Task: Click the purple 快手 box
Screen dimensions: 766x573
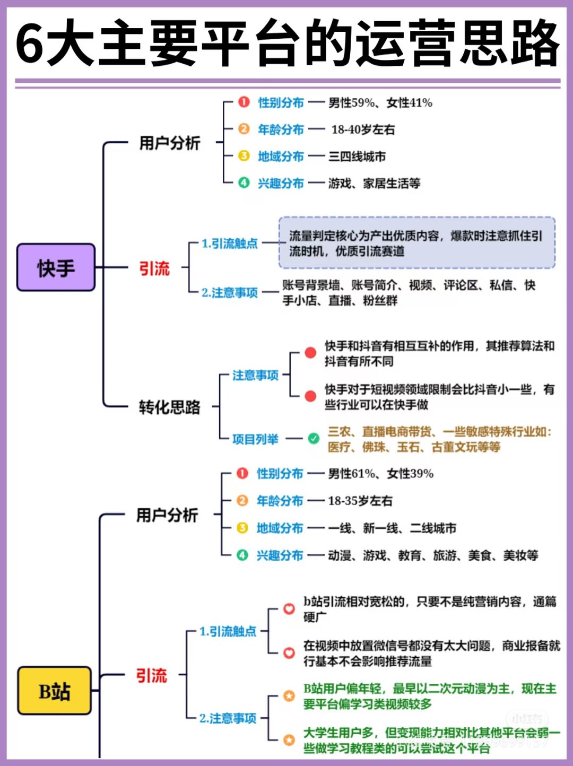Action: (x=56, y=267)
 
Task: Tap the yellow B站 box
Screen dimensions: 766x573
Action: (x=54, y=691)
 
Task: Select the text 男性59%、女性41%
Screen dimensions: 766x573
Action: (x=380, y=103)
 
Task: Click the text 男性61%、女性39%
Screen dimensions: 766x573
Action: (x=380, y=474)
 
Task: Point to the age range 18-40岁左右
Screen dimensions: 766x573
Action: (x=363, y=129)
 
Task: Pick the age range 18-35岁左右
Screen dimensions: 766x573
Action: (x=360, y=501)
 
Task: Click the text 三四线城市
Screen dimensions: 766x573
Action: (x=357, y=156)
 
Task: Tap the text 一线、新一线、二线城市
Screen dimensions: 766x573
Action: (x=392, y=528)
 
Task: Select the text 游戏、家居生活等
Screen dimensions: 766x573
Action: (x=374, y=184)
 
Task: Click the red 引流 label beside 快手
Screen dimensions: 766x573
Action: (x=154, y=268)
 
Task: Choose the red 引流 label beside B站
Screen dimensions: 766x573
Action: (x=152, y=675)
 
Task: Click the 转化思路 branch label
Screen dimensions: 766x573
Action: (x=170, y=407)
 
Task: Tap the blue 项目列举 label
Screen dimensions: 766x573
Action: (x=255, y=439)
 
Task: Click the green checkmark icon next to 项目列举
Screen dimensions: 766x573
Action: (x=314, y=438)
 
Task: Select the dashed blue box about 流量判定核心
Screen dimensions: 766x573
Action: (x=416, y=242)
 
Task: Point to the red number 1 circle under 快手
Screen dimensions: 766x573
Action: (x=244, y=102)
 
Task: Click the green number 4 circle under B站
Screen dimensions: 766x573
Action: (x=242, y=555)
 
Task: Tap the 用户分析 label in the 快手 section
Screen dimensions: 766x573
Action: (x=170, y=143)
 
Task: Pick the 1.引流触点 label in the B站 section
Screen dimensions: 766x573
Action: (x=228, y=631)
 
